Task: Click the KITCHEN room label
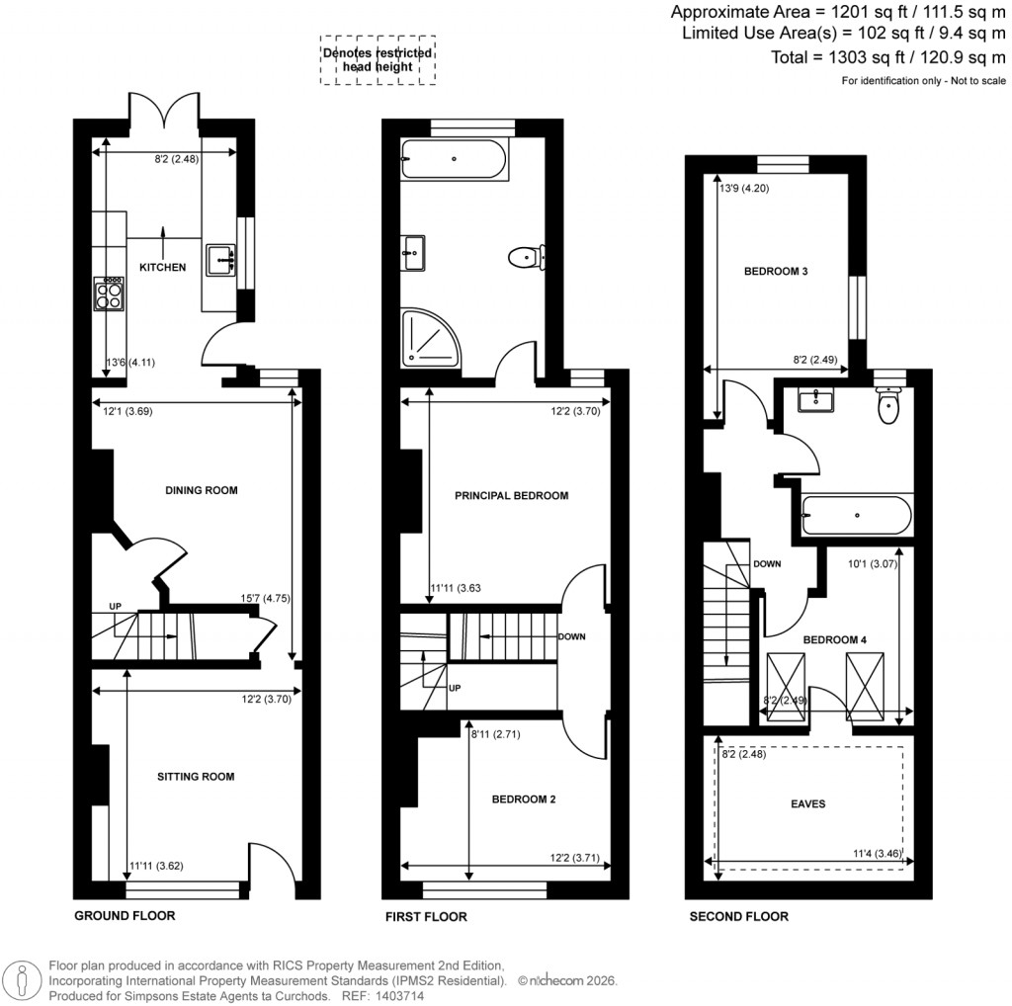pyautogui.click(x=162, y=268)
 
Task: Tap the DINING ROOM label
pyautogui.click(x=202, y=490)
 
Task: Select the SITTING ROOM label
pyautogui.click(x=196, y=777)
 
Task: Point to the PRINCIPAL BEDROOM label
pyautogui.click(x=511, y=496)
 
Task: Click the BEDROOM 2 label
pyautogui.click(x=524, y=799)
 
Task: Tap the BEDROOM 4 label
pyautogui.click(x=834, y=640)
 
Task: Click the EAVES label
pyautogui.click(x=807, y=804)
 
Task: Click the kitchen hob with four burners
pyautogui.click(x=109, y=293)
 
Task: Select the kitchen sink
pyautogui.click(x=220, y=261)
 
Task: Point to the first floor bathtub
pyautogui.click(x=454, y=159)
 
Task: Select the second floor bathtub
pyautogui.click(x=855, y=514)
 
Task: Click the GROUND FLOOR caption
pyautogui.click(x=125, y=916)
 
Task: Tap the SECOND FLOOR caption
pyautogui.click(x=738, y=917)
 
